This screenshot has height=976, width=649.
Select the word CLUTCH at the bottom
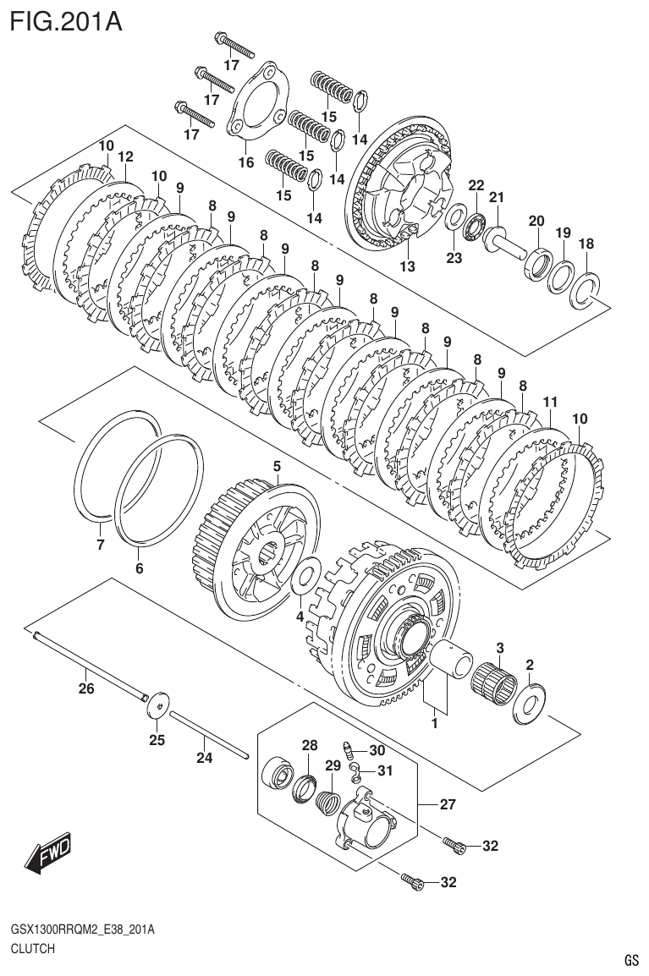tap(33, 948)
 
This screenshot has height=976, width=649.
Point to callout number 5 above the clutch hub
tap(276, 466)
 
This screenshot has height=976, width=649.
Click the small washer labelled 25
tap(157, 699)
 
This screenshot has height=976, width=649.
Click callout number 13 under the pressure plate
tap(408, 266)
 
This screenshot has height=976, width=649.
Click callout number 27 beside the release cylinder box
tap(448, 804)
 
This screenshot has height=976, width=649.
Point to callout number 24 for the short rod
tap(204, 758)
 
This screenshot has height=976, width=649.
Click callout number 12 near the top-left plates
tap(125, 156)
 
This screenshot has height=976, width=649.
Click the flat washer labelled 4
tap(303, 579)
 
